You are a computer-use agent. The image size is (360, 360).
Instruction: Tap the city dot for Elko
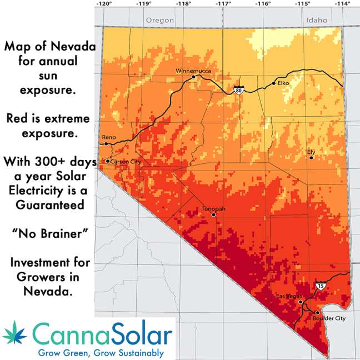coord(273,83)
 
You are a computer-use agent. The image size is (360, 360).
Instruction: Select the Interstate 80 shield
coord(238,89)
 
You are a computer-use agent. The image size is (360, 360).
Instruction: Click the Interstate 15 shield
coord(321,286)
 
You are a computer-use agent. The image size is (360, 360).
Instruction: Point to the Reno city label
coord(109,137)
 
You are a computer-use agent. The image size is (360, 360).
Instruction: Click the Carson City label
coord(124,162)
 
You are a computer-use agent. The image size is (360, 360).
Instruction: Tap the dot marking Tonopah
coord(213,214)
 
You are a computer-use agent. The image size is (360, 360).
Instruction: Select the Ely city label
coord(311,151)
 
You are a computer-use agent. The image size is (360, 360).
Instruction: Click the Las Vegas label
coord(289,297)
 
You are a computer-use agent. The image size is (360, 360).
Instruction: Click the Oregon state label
coord(160,20)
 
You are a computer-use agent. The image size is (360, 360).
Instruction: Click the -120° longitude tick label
coord(103,4)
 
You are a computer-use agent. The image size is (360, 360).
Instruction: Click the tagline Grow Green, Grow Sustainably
coord(100,353)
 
